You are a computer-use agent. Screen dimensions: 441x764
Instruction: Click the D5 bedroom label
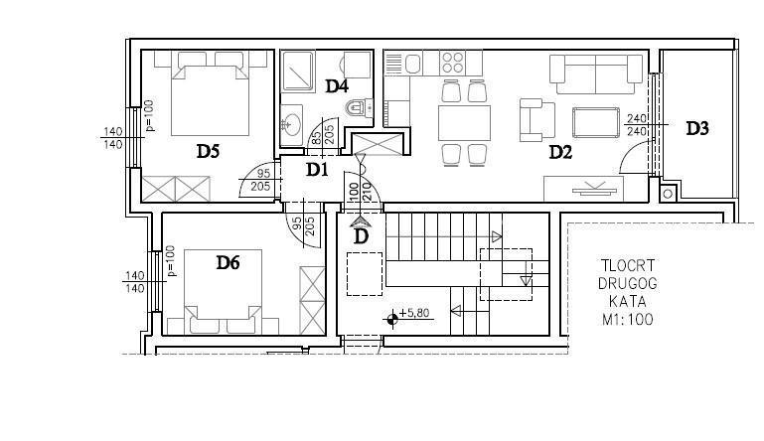click(x=208, y=151)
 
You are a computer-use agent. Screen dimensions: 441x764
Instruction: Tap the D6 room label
click(x=229, y=262)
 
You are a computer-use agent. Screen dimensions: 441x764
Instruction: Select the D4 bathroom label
click(x=337, y=85)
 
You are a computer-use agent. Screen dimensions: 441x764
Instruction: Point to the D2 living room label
click(x=561, y=152)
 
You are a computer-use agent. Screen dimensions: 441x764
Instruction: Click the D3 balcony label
click(x=697, y=128)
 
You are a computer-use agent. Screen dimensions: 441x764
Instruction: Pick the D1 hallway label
click(x=317, y=170)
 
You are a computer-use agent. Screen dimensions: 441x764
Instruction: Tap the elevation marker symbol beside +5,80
click(x=393, y=319)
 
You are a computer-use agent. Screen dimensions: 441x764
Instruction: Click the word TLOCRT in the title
click(x=626, y=265)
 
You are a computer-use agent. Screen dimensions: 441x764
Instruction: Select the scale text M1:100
click(x=626, y=321)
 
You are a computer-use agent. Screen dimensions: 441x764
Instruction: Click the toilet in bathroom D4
click(x=357, y=107)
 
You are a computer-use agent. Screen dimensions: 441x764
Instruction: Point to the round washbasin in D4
click(x=292, y=123)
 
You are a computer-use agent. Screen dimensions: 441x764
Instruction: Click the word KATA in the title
click(x=626, y=302)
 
